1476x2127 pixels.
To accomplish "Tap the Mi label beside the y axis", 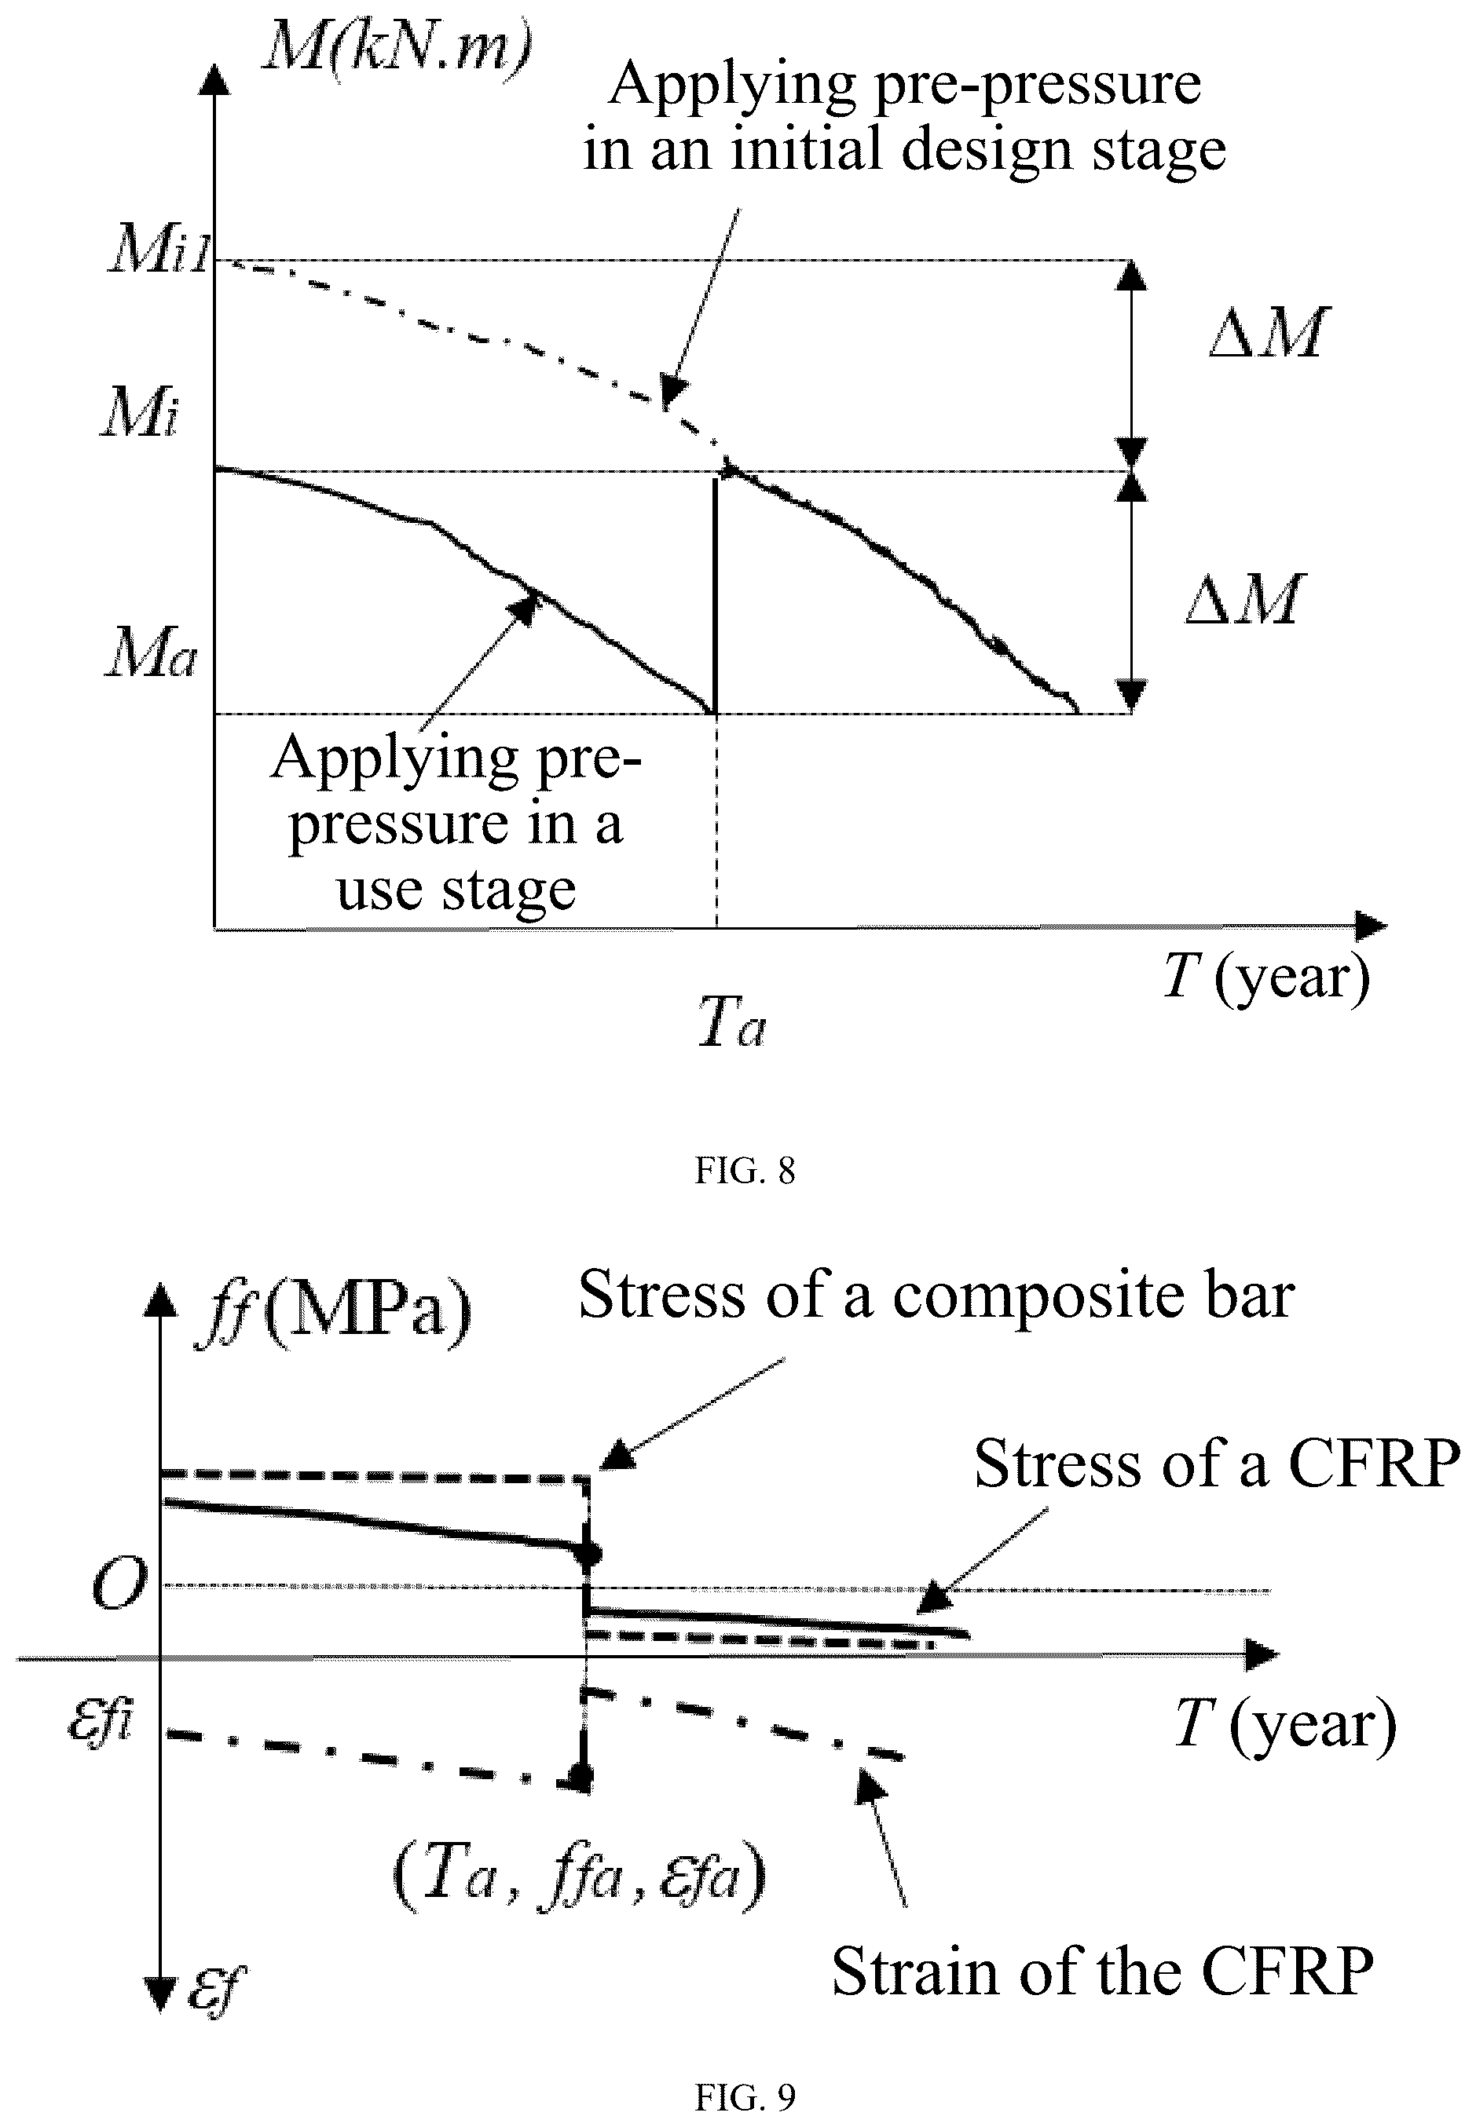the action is click(140, 411).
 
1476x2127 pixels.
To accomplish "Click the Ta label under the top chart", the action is click(731, 1021).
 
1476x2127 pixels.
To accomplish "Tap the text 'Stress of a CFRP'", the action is click(1217, 1464).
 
